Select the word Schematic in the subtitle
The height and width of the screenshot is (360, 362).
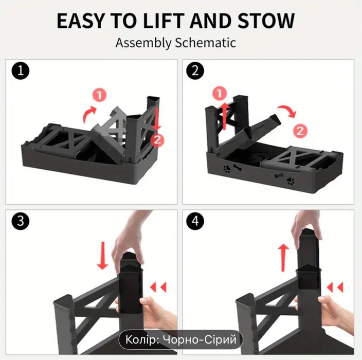[x=206, y=43]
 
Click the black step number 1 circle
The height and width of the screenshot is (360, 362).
[x=21, y=70]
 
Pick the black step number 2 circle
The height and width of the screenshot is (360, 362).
[x=195, y=70]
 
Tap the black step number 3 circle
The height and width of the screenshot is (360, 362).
[x=21, y=221]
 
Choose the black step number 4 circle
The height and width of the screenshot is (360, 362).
[x=195, y=221]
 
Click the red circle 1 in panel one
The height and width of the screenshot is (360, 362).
[x=100, y=95]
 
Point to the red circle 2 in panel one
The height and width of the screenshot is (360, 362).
[x=157, y=140]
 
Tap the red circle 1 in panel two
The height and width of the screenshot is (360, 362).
[x=220, y=94]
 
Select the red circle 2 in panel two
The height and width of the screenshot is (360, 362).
[x=300, y=131]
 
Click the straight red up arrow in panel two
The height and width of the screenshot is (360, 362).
[x=225, y=117]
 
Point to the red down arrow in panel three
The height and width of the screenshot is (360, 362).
[x=102, y=256]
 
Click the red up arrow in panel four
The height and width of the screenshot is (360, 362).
[x=283, y=258]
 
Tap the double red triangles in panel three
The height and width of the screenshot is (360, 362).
[x=158, y=287]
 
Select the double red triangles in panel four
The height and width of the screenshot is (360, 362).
[x=335, y=287]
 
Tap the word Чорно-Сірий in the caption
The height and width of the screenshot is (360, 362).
[x=200, y=340]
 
